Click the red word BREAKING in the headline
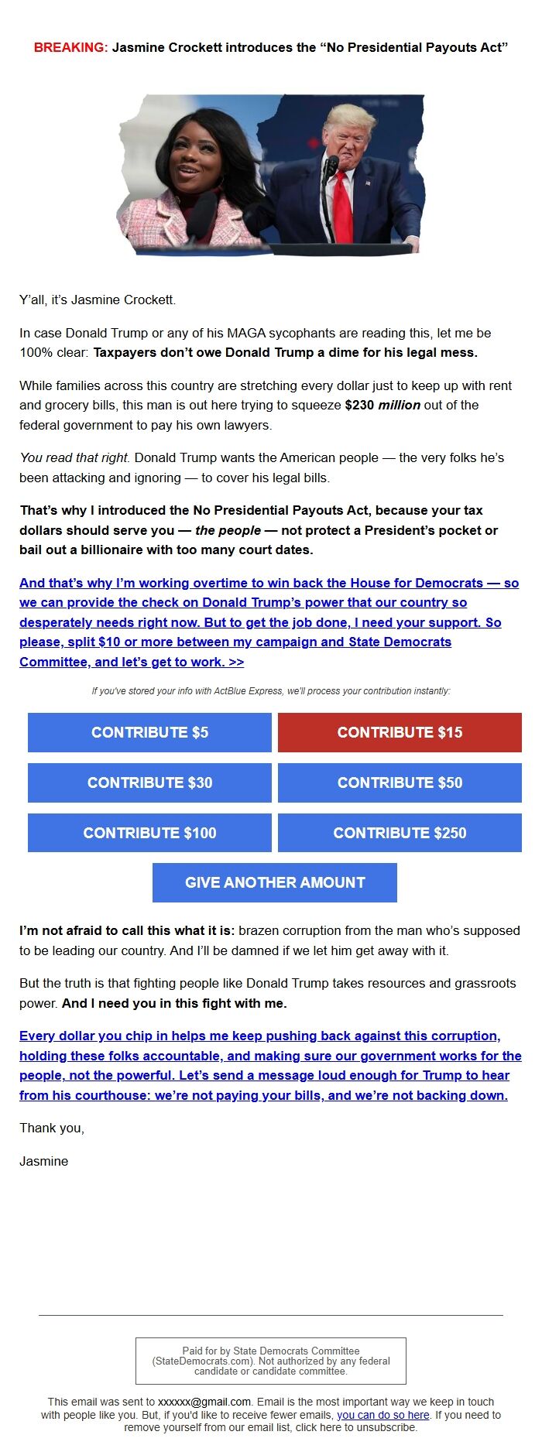70,47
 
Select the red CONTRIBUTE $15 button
400,732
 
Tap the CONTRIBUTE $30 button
149,783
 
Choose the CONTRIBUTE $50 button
400,783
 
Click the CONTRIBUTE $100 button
149,833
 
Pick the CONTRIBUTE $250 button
400,833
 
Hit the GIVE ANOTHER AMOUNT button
275,882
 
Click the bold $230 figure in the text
359,405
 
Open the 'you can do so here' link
382,1414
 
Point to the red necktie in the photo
341,205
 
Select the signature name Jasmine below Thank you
43,1161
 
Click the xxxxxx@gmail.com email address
204,1402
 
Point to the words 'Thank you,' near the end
51,1128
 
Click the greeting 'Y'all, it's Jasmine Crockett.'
98,300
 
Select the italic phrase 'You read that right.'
75,457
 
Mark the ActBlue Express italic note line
270,690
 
